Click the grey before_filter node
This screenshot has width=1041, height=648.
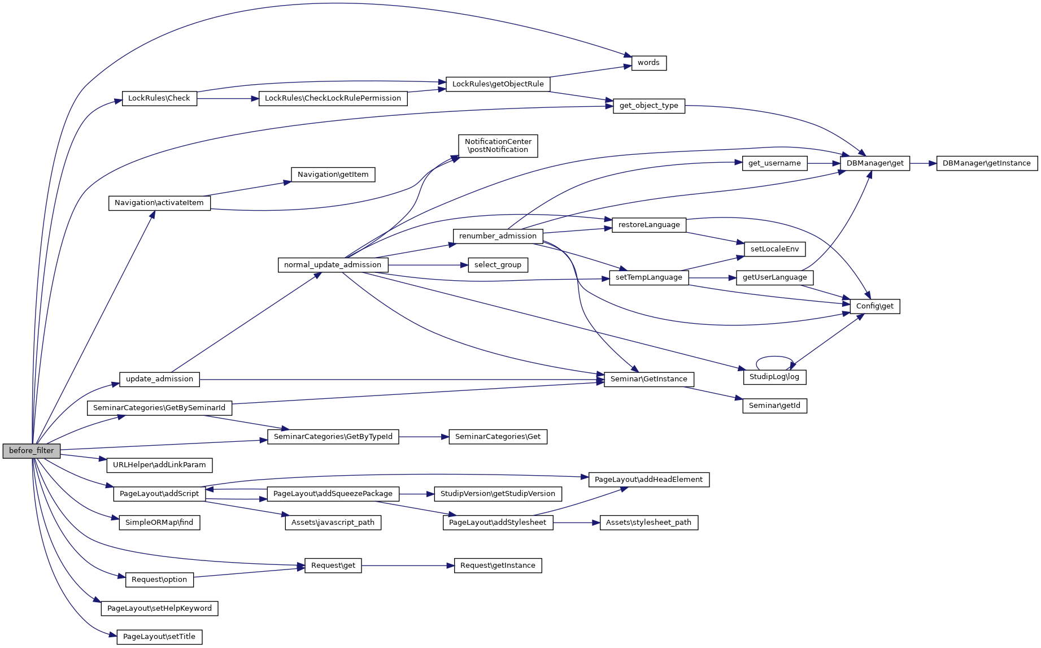[x=31, y=451]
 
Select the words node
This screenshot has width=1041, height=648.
[x=648, y=63]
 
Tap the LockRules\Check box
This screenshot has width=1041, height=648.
[x=159, y=98]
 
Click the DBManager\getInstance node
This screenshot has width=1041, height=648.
[x=987, y=163]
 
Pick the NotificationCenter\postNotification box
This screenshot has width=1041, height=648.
[x=498, y=146]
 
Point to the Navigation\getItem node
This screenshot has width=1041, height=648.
[x=333, y=175]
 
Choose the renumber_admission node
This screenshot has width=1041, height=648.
[x=498, y=236]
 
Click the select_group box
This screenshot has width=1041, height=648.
[x=498, y=265]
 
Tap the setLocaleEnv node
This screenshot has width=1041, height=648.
[x=774, y=249]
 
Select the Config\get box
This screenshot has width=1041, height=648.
[x=874, y=306]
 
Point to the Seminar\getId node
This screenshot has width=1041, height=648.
[x=774, y=406]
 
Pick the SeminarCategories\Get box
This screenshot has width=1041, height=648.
[x=498, y=437]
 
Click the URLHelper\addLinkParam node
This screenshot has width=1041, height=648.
[x=159, y=465]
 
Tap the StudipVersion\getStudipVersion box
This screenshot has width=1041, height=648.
[x=498, y=494]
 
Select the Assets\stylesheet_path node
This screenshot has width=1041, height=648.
[x=648, y=523]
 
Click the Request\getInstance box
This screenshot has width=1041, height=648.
[x=498, y=566]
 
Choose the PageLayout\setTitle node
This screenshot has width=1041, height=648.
[x=159, y=637]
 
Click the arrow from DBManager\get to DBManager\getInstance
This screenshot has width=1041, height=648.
[x=923, y=163]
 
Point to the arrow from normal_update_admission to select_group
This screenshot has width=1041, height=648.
[x=428, y=265]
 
